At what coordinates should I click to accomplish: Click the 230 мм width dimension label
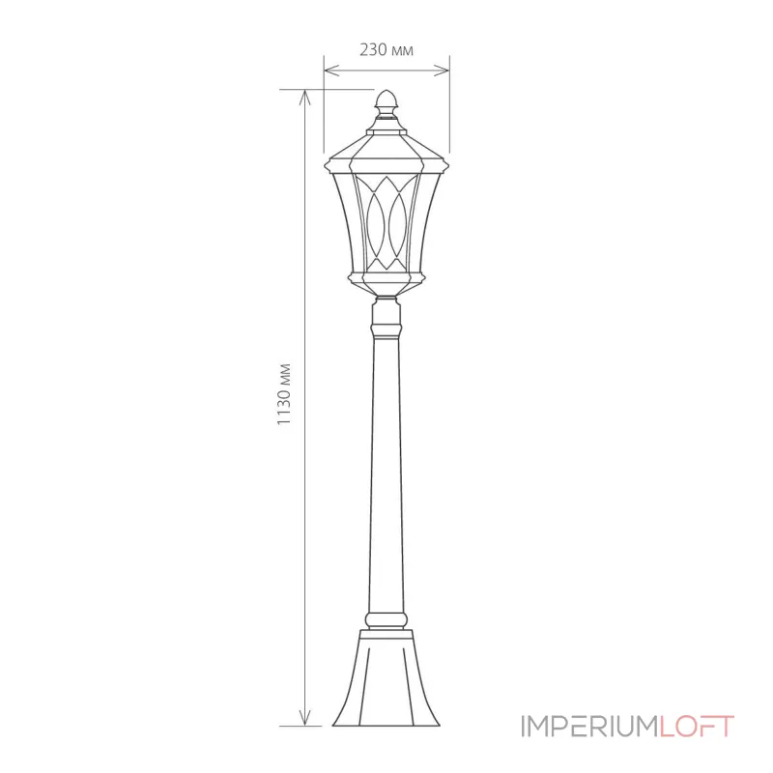point(386,51)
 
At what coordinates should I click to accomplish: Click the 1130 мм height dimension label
point(283,395)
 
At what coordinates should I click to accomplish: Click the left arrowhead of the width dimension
point(329,70)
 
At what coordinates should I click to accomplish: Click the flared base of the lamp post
point(386,681)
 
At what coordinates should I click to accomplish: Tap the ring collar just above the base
point(386,617)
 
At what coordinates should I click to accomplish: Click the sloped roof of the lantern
point(386,143)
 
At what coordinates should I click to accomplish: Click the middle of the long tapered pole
point(386,464)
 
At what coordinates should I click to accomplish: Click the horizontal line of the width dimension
point(386,70)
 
